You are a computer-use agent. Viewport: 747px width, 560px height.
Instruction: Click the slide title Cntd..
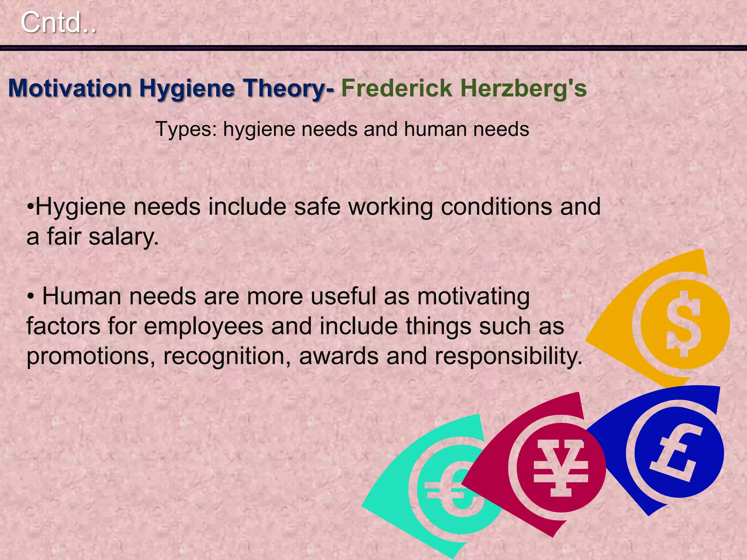click(58, 23)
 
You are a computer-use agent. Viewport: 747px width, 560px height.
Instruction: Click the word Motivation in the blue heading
click(70, 89)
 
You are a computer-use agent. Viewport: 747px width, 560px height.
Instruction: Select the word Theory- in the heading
click(289, 89)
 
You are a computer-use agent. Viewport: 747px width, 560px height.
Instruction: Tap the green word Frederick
click(396, 89)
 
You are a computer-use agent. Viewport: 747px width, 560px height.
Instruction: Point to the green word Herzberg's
click(523, 89)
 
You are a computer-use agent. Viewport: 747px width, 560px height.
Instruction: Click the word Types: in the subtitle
click(186, 129)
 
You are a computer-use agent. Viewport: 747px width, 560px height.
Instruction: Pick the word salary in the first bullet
click(123, 237)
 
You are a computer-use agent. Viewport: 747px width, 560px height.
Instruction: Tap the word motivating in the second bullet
click(473, 296)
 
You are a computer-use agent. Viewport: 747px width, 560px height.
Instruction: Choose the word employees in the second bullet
click(204, 326)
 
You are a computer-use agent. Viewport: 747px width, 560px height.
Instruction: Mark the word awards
click(339, 356)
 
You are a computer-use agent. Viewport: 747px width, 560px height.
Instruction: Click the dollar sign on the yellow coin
click(684, 324)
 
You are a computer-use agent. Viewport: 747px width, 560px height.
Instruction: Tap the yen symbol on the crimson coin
click(561, 468)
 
